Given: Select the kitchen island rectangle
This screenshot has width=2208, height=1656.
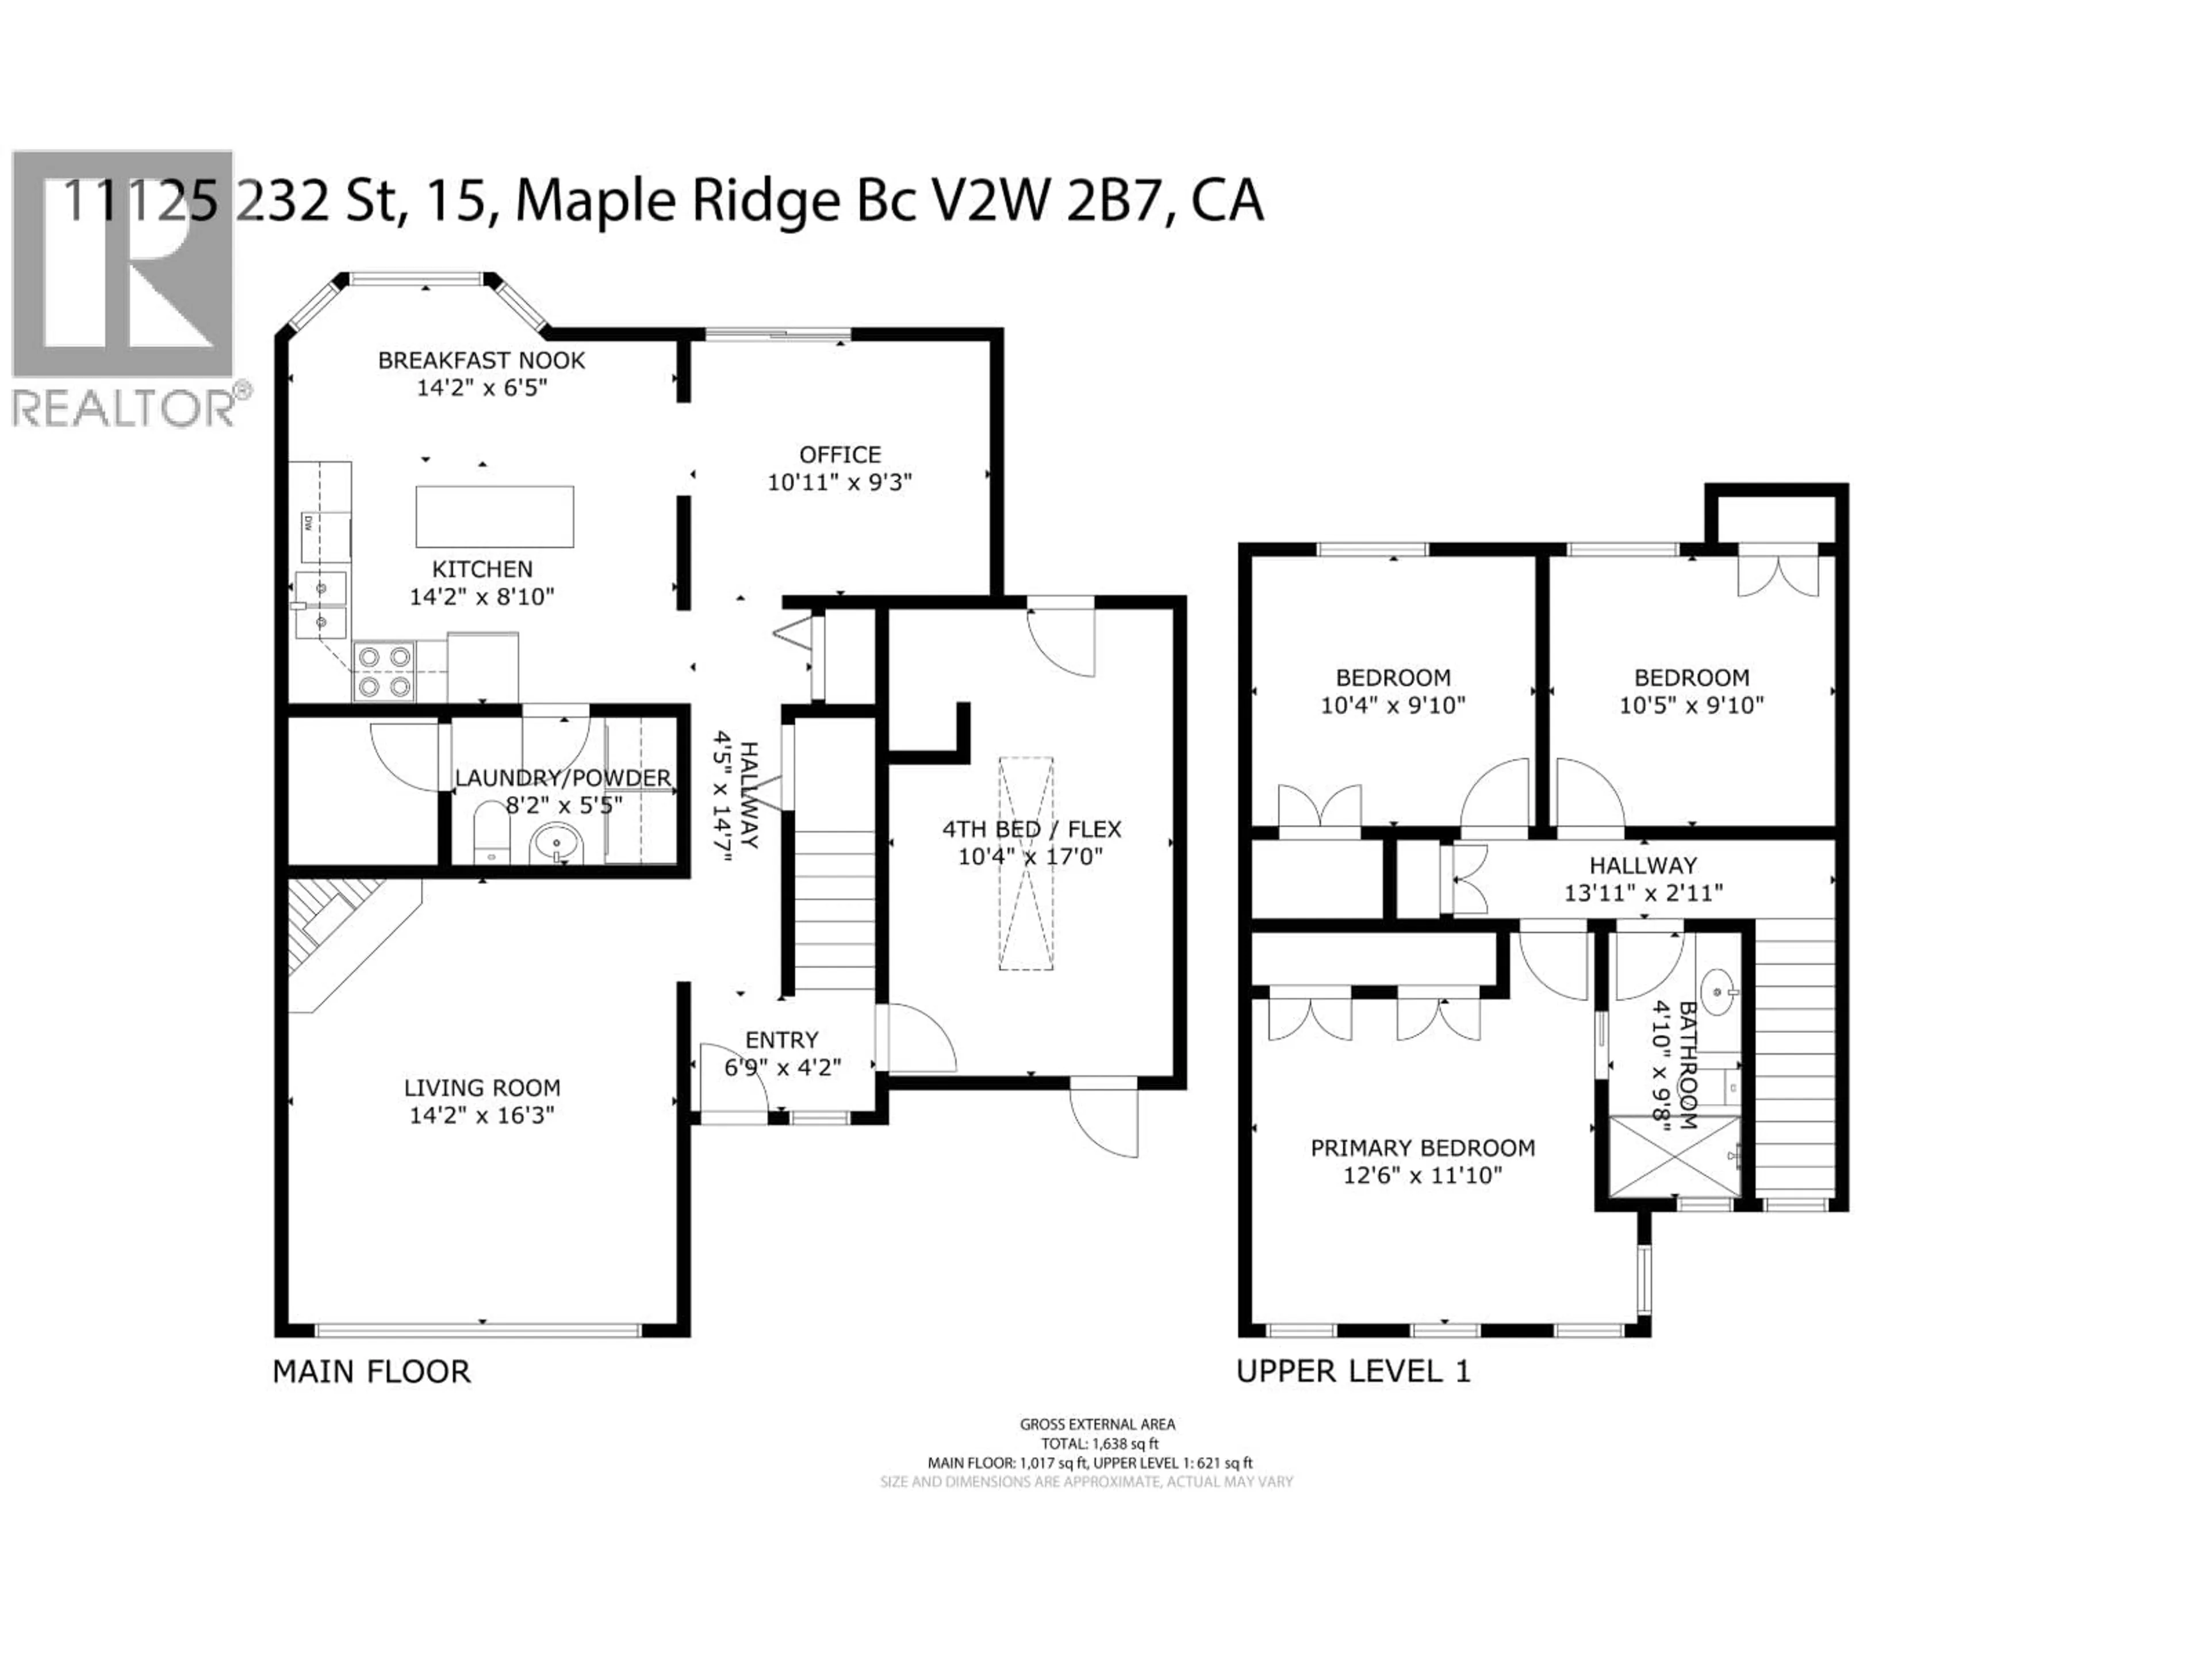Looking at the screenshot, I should pos(494,516).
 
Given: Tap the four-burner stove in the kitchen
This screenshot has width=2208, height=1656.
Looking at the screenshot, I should pos(384,671).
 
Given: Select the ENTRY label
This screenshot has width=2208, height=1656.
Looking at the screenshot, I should pos(781,1039).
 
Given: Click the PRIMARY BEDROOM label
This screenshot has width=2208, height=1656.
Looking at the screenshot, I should pos(1423,1148).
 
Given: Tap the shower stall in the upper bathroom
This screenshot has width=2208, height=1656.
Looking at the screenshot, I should pos(1674,1156).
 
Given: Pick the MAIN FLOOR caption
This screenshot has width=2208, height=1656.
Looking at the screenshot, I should pos(371,1371).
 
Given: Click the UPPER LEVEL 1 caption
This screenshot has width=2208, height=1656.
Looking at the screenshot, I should pos(1352,1371).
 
